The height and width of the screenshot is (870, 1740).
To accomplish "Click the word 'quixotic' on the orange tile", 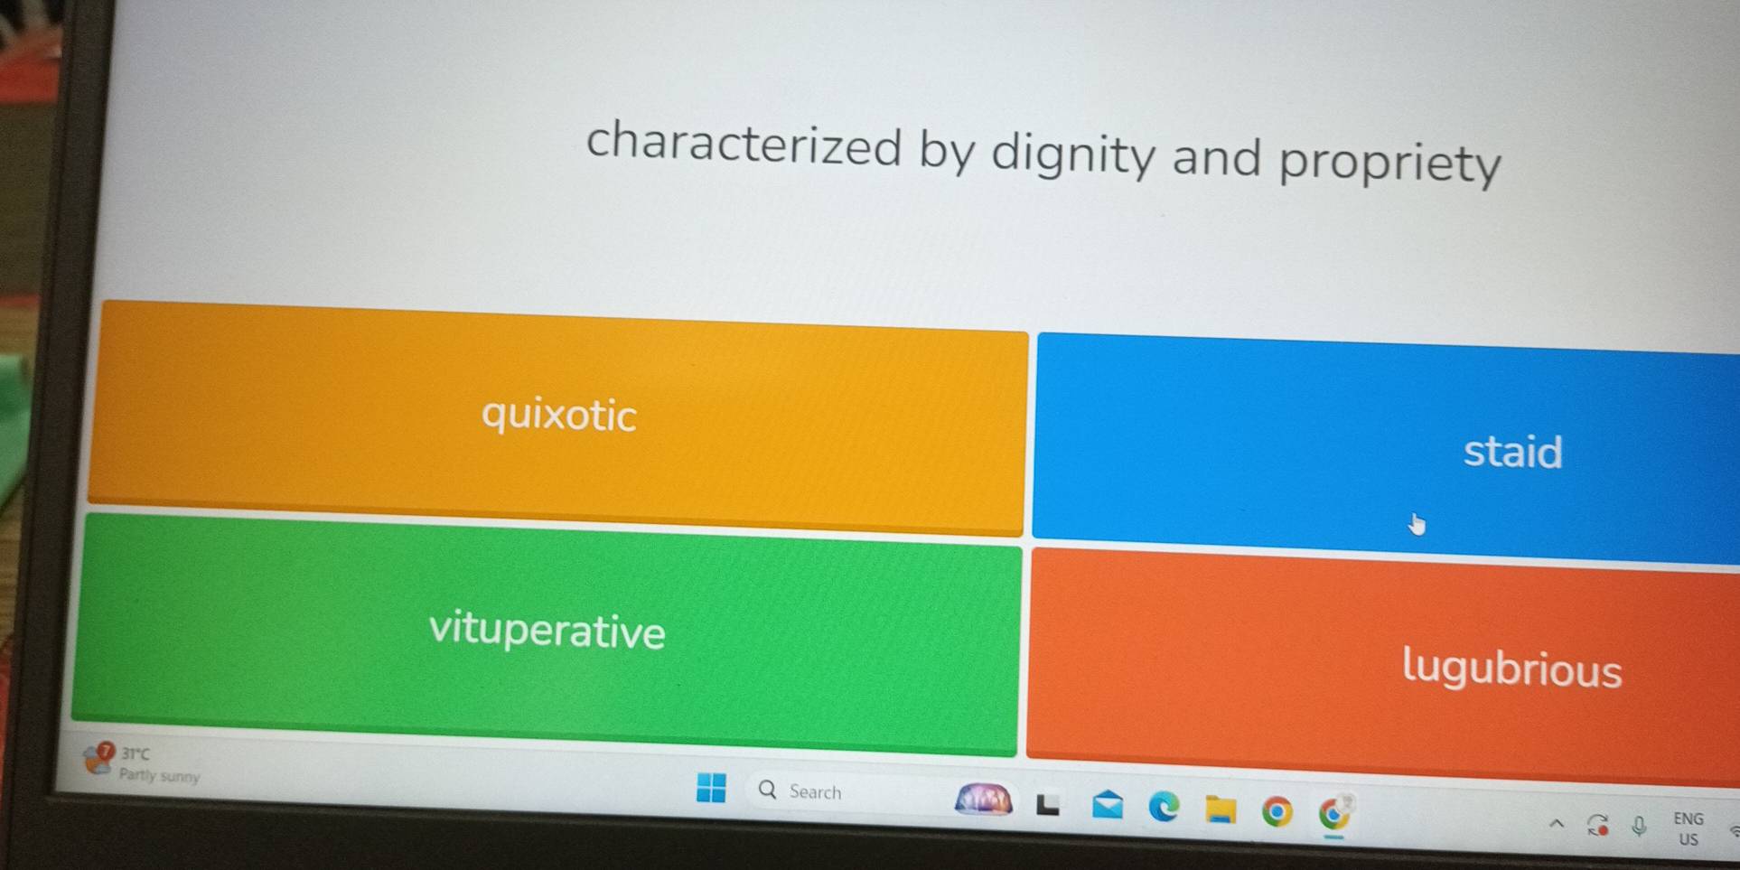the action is tap(559, 416).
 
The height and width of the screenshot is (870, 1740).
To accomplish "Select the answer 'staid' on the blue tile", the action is tap(1512, 451).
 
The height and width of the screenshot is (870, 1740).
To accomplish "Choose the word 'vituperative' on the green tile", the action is tap(547, 630).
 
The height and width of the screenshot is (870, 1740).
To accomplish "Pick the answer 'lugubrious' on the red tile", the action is tap(1511, 669).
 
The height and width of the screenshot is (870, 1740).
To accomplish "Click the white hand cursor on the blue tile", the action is tap(1416, 523).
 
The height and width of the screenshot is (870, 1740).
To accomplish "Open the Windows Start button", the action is tap(711, 788).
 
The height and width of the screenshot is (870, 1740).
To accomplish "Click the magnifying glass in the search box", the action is tap(767, 790).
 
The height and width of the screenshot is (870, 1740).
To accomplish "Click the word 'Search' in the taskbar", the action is tap(815, 792).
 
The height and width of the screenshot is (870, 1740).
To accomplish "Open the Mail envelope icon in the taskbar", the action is tap(1108, 804).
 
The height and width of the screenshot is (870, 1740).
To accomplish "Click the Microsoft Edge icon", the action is tap(1164, 807).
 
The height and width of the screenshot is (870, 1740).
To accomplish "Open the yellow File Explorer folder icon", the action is tap(1221, 809).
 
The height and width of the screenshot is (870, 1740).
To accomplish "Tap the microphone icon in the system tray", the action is tap(1639, 826).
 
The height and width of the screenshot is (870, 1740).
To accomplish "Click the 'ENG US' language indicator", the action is tap(1688, 828).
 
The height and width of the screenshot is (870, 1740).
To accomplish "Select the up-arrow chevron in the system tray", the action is tap(1556, 823).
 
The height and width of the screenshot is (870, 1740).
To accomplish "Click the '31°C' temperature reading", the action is tap(136, 753).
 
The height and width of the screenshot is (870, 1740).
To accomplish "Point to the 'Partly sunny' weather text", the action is tap(159, 775).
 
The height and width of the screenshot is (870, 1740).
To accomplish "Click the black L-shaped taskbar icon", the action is tap(1048, 804).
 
